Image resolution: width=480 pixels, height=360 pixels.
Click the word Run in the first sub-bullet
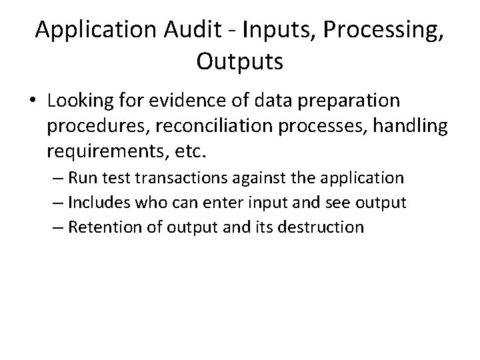point(82,178)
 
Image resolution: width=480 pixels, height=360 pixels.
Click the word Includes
point(98,203)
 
